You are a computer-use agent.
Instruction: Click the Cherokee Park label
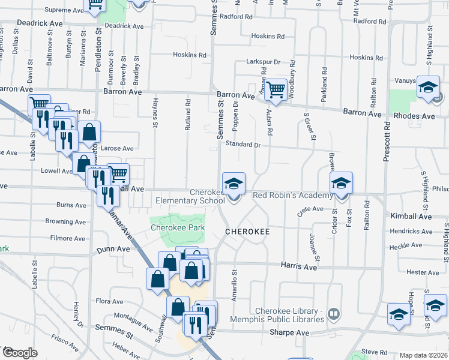pos(177,228)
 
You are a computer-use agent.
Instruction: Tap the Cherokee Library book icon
pos(334,314)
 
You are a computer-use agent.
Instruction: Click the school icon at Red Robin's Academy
pos(342,183)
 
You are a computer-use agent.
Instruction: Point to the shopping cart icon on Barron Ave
pos(275,89)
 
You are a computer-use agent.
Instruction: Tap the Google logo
pos(19,352)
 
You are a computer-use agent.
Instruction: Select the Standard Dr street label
pos(243,144)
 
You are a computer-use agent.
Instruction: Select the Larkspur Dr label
pos(264,62)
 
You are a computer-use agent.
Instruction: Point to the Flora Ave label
pos(109,302)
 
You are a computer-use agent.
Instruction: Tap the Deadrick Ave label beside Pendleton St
pos(124,26)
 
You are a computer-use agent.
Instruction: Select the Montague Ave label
pos(133,322)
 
